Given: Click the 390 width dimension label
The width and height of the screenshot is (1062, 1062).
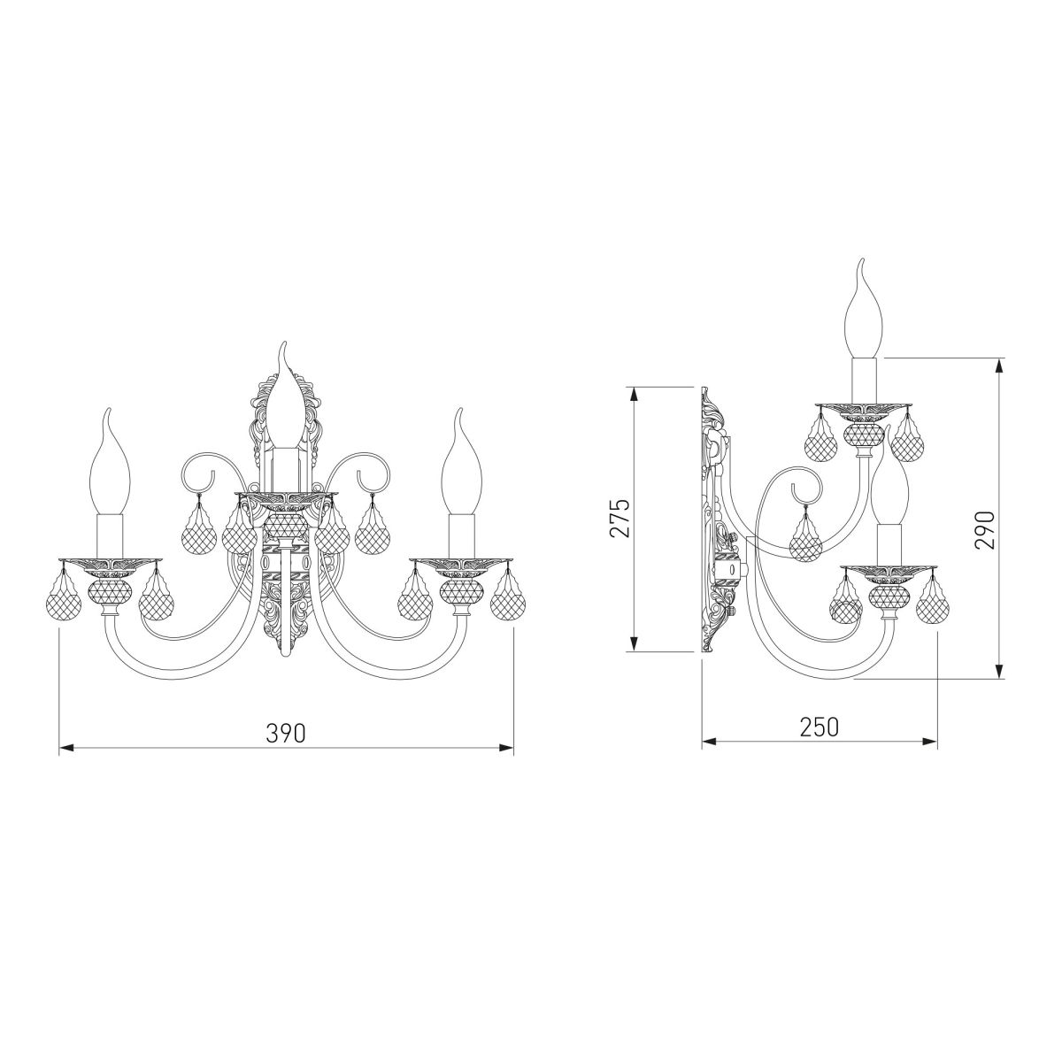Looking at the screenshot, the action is (x=286, y=733).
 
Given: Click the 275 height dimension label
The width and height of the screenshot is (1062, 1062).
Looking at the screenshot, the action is (x=620, y=518).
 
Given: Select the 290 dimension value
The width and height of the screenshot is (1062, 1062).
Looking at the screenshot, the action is (x=985, y=529).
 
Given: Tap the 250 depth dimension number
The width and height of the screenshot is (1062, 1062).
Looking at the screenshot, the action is (x=820, y=727).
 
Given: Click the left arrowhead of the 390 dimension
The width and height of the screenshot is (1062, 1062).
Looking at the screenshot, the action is (x=66, y=748).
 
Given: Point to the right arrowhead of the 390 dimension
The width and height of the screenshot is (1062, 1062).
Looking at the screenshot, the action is (x=506, y=748).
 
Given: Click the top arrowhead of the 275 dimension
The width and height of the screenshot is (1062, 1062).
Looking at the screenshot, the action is (x=635, y=395).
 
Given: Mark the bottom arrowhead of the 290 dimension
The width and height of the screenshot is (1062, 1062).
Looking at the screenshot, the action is (x=998, y=671).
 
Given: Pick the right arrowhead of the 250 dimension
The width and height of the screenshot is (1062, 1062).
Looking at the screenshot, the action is (x=930, y=742).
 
